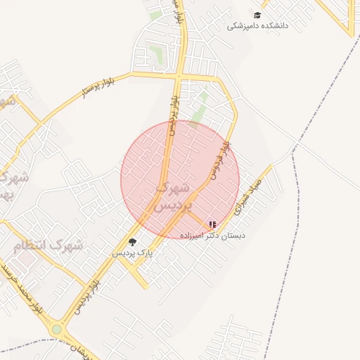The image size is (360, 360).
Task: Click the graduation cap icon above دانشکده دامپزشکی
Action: point(258,15)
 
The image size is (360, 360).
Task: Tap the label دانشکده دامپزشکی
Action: point(258,26)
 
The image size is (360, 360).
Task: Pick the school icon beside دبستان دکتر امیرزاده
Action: point(213,225)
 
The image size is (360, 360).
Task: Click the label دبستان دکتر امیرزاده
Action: point(213,236)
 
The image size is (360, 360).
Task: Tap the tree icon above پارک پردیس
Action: point(132,242)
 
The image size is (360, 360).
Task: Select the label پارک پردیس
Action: point(131,252)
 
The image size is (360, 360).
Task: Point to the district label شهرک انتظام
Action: point(49,246)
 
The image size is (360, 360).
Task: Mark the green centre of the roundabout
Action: point(57,329)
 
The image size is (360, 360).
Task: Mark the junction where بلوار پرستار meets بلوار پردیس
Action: point(179,76)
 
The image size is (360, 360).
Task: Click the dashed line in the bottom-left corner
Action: point(28,344)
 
